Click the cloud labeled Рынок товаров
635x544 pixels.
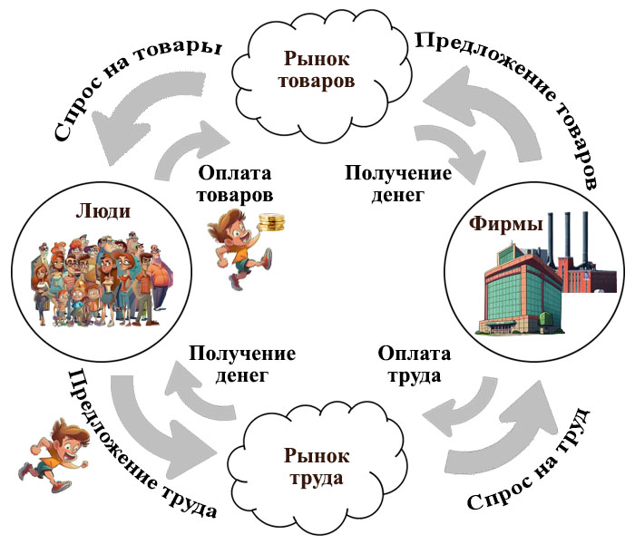[317, 71]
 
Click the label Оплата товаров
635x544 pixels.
[235, 181]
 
